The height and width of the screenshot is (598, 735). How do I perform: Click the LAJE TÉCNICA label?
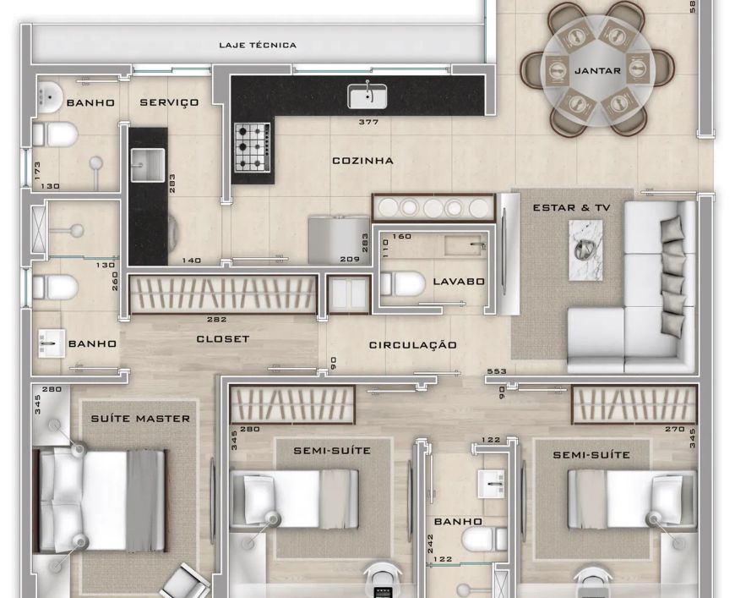[258, 45]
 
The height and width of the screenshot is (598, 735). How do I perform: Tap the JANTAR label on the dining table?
[597, 71]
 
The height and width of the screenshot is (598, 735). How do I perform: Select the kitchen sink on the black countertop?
[367, 96]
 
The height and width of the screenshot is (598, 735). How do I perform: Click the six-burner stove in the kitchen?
[253, 147]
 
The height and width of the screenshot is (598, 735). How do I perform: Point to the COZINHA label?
[362, 161]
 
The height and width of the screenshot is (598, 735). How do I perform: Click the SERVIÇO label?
[169, 102]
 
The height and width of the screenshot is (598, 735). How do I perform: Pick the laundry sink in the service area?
[148, 165]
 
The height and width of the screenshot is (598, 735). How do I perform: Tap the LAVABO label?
[459, 282]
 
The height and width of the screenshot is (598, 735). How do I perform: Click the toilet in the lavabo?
[402, 283]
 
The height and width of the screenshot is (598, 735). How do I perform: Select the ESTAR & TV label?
[571, 207]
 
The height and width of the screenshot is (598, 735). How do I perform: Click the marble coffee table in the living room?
[585, 250]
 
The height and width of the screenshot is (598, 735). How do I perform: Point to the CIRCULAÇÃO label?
[412, 345]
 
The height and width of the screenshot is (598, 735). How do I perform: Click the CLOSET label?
[223, 339]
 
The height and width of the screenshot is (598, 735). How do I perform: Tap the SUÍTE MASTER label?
[140, 419]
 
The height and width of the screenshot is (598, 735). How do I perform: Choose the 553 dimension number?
[497, 370]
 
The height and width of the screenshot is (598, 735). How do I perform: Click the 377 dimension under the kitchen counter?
[368, 122]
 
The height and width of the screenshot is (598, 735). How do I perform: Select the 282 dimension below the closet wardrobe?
[216, 319]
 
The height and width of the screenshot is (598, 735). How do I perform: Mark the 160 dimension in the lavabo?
[402, 236]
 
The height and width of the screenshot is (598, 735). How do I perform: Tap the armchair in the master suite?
[185, 582]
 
